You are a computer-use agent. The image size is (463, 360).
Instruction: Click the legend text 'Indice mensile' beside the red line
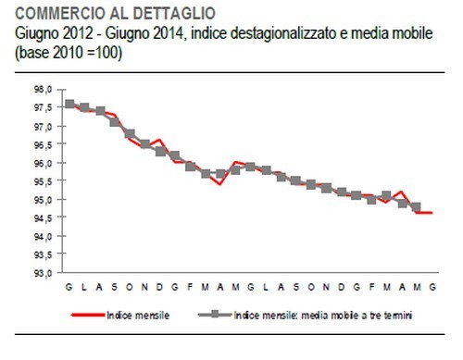[x=138, y=316]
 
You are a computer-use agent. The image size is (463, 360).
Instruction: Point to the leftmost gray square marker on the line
[x=70, y=104]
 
